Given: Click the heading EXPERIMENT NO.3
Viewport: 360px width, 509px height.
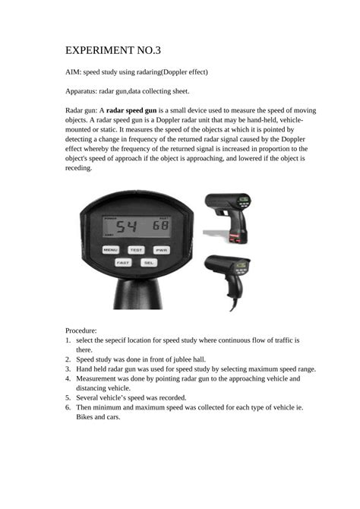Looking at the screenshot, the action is [x=113, y=50].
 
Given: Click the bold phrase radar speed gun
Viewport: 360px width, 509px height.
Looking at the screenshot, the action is [x=131, y=110].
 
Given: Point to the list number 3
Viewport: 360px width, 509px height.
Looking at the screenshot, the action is [x=68, y=368].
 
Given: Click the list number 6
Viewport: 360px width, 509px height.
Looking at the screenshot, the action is [x=68, y=407].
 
